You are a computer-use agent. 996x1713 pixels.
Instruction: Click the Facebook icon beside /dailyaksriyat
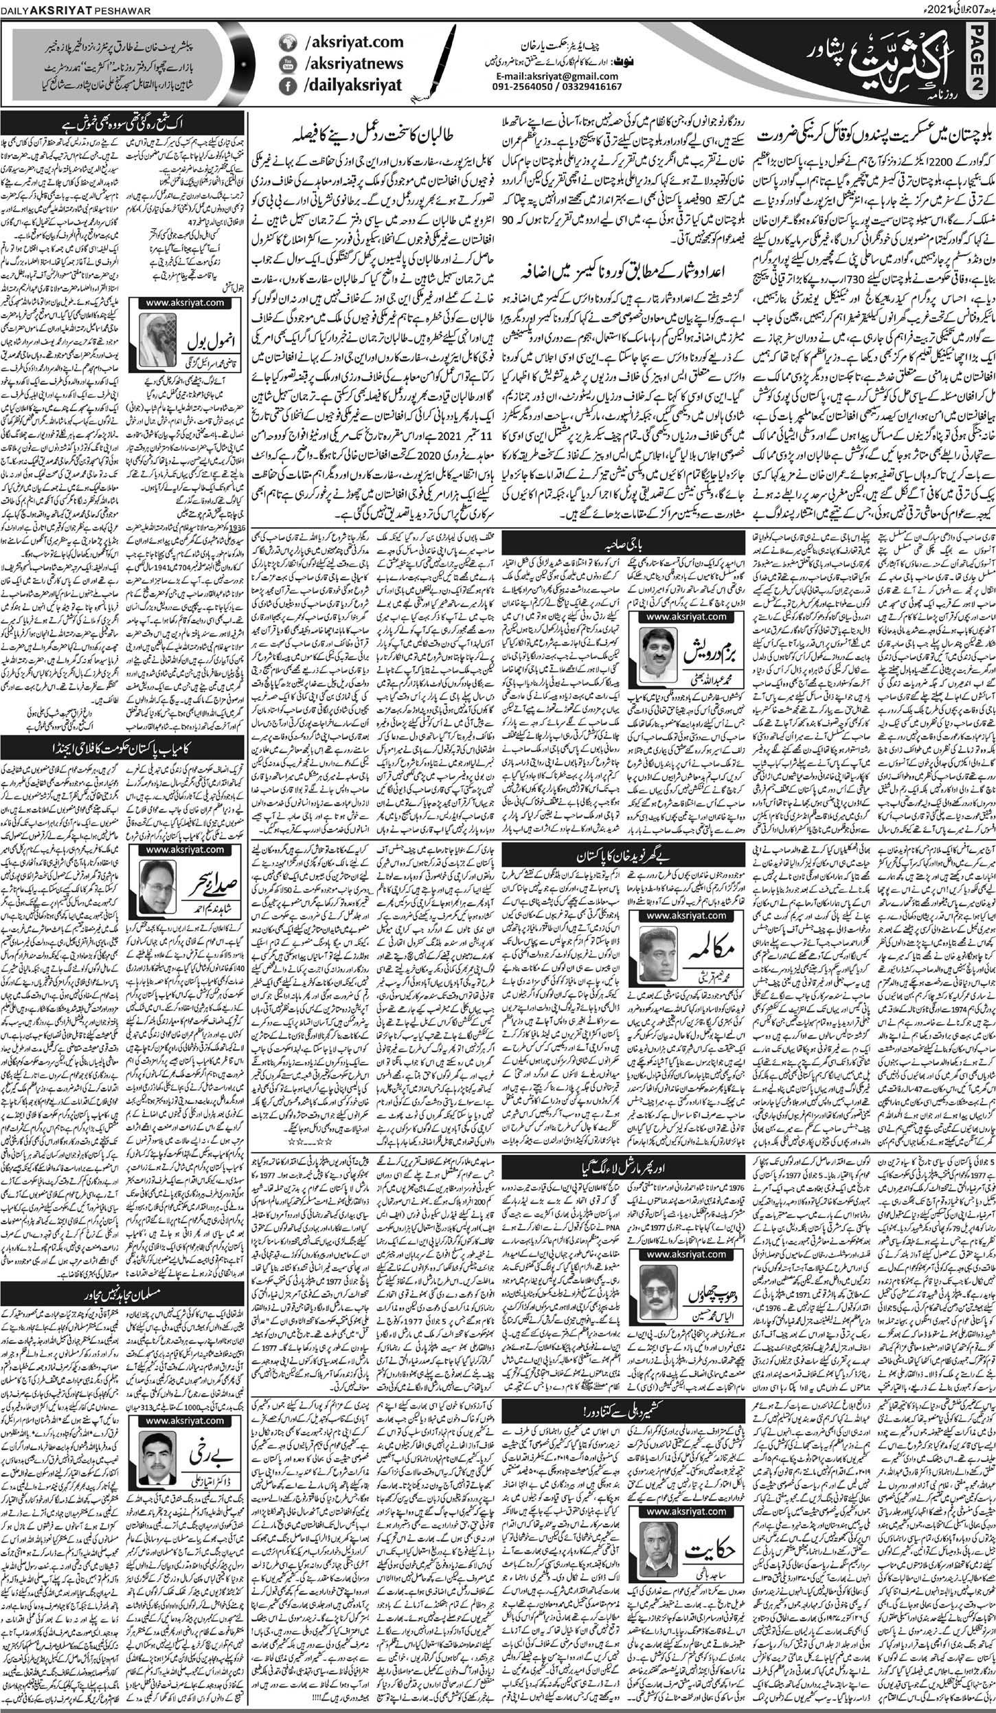[x=286, y=86]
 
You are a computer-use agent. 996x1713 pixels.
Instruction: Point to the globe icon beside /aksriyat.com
[x=286, y=43]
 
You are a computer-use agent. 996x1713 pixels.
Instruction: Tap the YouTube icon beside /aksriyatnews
[x=286, y=64]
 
